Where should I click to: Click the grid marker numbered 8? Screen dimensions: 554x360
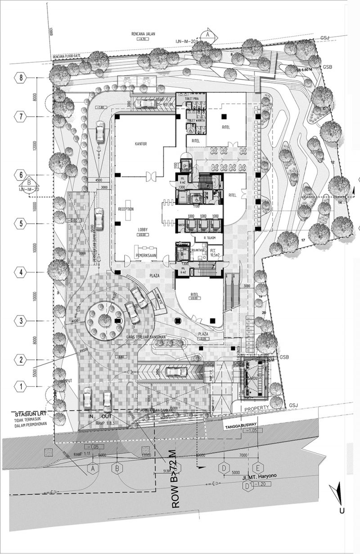(21, 77)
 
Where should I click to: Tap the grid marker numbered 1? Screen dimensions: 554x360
(21, 386)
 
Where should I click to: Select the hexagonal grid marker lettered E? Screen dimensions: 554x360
(258, 467)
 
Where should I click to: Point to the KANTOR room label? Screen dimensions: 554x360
(141, 144)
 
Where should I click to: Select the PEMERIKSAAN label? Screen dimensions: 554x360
(146, 256)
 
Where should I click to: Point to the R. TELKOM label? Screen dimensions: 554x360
(203, 237)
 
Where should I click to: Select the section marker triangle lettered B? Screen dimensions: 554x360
(29, 183)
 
